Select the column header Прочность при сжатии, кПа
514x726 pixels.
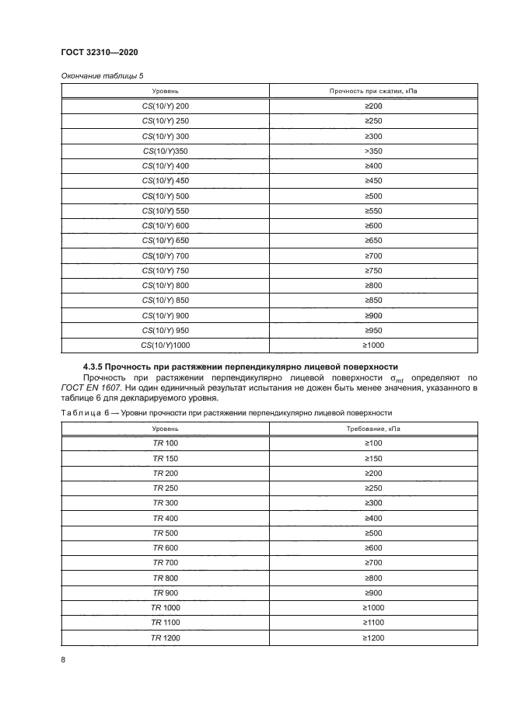[373, 91]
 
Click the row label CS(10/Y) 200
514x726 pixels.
[165, 106]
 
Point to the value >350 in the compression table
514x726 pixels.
[373, 151]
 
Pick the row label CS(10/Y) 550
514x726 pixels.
[165, 210]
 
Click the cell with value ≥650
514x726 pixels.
[373, 241]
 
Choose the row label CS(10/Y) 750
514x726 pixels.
[165, 271]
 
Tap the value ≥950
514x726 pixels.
[373, 331]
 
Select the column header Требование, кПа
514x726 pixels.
[373, 429]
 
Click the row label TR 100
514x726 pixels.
[165, 443]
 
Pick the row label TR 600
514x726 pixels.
[165, 547]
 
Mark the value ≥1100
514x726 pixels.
[373, 623]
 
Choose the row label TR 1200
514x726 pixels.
[165, 637]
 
